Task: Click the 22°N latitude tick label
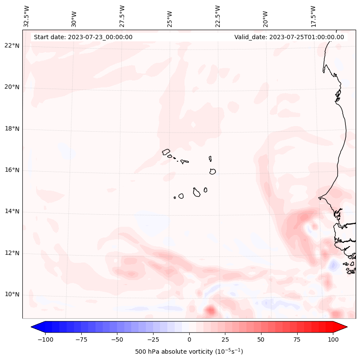click(12, 46)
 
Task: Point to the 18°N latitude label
click(12, 129)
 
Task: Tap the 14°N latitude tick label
click(12, 212)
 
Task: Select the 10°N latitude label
click(12, 295)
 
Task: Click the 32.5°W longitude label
click(27, 16)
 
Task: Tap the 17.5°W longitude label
click(313, 16)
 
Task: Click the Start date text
click(83, 37)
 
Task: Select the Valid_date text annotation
click(289, 37)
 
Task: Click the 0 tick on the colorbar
click(189, 339)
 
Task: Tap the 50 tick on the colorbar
click(261, 339)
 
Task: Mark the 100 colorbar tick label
click(333, 339)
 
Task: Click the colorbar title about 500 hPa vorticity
click(189, 352)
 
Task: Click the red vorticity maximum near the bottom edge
click(210, 310)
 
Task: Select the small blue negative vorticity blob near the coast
click(333, 265)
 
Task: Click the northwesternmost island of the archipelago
click(166, 152)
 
